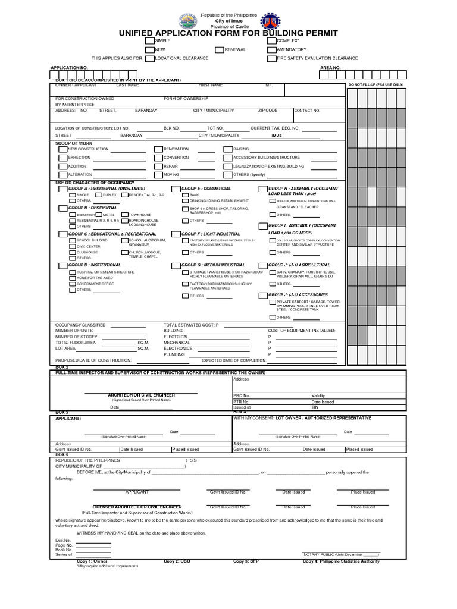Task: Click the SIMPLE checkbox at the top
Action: tap(150, 40)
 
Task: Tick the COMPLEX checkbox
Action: tap(272, 40)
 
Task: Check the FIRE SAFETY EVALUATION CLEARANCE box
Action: tap(272, 59)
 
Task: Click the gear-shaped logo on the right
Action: tap(270, 21)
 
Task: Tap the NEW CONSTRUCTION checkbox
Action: tap(63, 149)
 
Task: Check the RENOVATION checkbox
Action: tap(158, 149)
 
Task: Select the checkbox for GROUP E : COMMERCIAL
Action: tap(176, 189)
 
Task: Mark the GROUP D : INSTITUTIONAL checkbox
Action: tap(63, 265)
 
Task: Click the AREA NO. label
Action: tap(330, 68)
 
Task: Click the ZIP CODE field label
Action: tap(267, 111)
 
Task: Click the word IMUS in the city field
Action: tap(276, 136)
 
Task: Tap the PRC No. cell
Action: tap(242, 395)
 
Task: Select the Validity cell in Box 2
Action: tap(318, 395)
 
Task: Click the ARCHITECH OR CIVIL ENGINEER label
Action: tap(141, 395)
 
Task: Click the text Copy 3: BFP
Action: tap(246, 561)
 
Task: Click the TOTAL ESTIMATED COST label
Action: tap(191, 325)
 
